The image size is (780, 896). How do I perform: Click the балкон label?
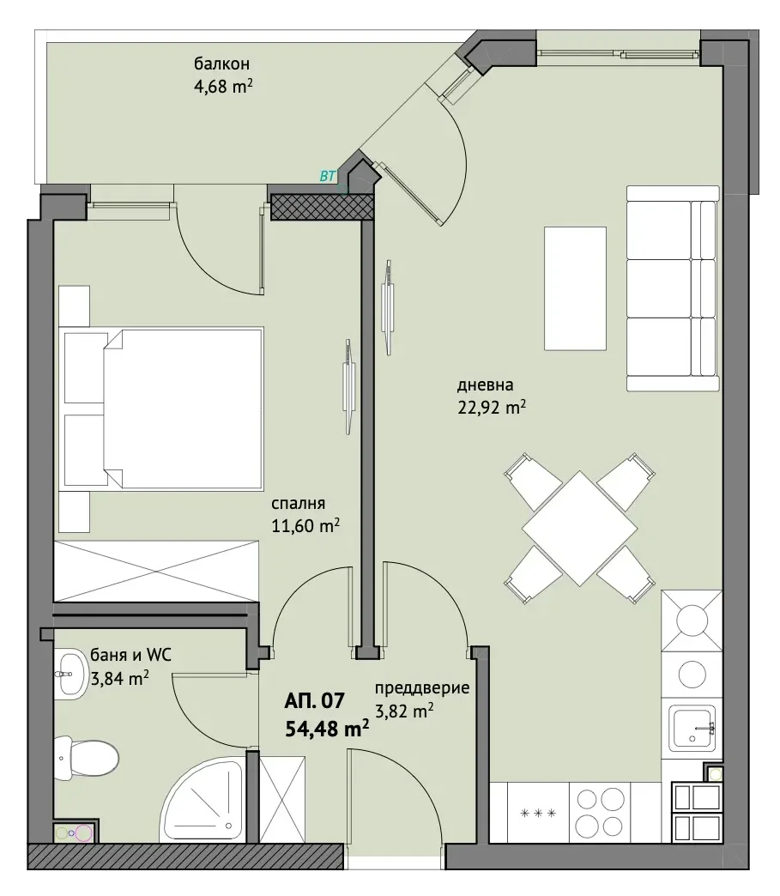tap(221, 64)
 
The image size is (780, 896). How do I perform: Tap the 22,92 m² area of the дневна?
tap(492, 408)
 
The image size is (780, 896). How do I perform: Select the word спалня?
tap(299, 504)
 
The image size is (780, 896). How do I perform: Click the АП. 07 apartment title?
tap(315, 700)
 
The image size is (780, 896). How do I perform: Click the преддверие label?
tap(422, 688)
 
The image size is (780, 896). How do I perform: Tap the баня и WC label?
tap(130, 655)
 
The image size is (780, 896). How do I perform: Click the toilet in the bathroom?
tap(86, 758)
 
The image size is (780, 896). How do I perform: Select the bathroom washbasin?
tap(70, 675)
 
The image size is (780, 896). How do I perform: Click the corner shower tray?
tap(204, 799)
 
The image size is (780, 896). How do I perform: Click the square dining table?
tap(579, 528)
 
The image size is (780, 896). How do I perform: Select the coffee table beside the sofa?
tap(575, 288)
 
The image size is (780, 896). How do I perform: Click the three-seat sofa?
tap(672, 288)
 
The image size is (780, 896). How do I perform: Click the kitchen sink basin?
tap(693, 728)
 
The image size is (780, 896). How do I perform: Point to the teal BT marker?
tap(328, 177)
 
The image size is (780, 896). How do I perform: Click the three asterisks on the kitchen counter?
tap(538, 813)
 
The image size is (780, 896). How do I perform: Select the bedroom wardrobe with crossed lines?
tap(156, 571)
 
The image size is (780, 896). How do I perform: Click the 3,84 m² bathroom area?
tap(120, 678)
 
